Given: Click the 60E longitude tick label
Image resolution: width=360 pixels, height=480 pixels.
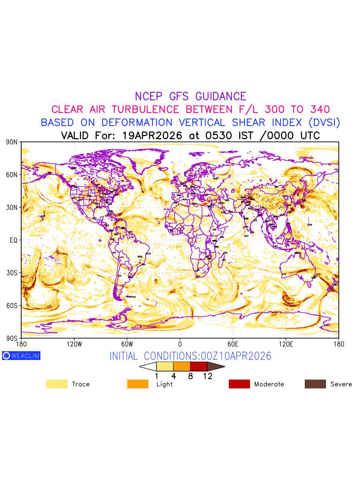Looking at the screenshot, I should point(233,344).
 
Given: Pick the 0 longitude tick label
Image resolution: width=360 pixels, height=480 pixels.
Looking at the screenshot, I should point(180,344).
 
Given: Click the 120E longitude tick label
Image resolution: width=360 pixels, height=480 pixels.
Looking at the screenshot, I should point(286,344).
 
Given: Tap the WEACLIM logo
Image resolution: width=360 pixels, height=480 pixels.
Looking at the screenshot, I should point(21,356).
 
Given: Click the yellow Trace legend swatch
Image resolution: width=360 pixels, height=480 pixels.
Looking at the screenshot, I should point(57,384).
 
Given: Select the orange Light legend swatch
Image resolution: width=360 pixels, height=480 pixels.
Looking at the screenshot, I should point(138,384).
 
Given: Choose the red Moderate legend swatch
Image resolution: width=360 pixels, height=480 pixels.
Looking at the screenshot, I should point(239,384).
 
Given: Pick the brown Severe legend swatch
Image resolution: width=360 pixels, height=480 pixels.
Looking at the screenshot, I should point(315,384).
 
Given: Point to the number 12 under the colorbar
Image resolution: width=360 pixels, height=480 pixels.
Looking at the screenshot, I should point(207,376).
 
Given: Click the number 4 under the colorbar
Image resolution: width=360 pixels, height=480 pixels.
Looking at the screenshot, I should point(174,376).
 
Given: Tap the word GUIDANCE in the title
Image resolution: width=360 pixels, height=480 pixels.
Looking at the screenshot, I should point(220,96).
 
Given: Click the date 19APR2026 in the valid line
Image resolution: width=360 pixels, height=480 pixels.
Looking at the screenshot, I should point(154,135).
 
